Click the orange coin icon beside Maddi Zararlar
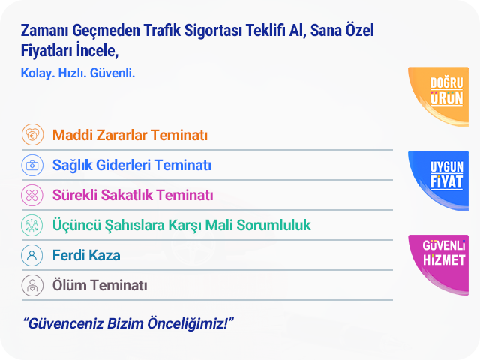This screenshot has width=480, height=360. coord(32,135)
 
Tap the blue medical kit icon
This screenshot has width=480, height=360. coord(32,165)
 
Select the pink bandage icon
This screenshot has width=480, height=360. coord(32,195)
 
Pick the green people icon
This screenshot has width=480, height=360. coord(32,225)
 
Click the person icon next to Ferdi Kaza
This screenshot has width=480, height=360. coord(32,255)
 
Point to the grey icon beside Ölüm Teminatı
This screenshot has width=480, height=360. coord(32,285)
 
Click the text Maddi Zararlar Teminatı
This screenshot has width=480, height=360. coord(130,135)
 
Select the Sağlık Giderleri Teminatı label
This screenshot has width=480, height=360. coord(132,165)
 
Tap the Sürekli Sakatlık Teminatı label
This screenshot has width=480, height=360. coord(133,195)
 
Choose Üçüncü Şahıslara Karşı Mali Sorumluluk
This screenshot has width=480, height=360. coord(181,225)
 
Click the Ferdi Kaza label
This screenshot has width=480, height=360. coord(86,255)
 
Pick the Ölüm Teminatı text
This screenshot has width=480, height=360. coord(100,285)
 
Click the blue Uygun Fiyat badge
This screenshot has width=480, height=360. coord(442,178)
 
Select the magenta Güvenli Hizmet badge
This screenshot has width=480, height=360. coord(442,262)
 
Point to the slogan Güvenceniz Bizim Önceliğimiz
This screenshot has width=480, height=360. coord(128,323)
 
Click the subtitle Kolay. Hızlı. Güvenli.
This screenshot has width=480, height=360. coord(78,73)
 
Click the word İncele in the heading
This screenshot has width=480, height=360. coord(97,50)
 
